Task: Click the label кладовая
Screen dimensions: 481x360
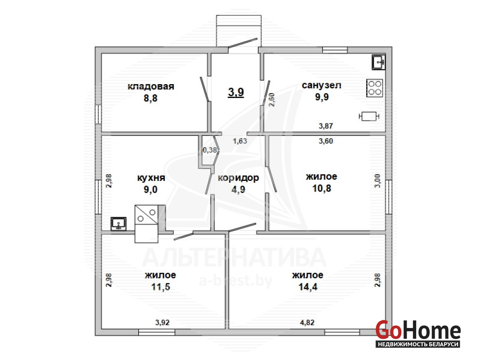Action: click(x=150, y=86)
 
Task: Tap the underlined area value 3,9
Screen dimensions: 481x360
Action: click(x=236, y=92)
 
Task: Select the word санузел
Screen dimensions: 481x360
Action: click(x=322, y=85)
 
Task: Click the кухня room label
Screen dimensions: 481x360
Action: click(x=151, y=178)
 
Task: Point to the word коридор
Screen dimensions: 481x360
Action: click(x=238, y=178)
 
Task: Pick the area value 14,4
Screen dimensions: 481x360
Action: click(x=308, y=287)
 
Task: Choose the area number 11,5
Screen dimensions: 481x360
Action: click(x=161, y=287)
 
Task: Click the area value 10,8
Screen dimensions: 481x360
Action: click(x=322, y=188)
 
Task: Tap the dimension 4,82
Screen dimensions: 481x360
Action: click(x=307, y=322)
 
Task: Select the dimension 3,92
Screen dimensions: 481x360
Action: click(x=162, y=322)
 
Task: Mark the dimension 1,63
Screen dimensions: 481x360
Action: click(x=240, y=141)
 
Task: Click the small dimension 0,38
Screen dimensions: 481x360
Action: click(x=210, y=150)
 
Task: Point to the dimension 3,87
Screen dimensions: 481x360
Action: click(x=326, y=126)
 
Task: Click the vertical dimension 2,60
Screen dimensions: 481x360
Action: click(x=272, y=99)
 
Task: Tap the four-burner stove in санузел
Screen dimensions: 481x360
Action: click(x=375, y=88)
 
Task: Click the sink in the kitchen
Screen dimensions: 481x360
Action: click(x=118, y=224)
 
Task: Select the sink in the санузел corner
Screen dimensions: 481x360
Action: click(x=379, y=62)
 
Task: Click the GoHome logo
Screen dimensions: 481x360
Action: click(x=418, y=333)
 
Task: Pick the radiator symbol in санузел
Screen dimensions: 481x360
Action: click(x=369, y=117)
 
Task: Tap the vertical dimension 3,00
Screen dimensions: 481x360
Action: click(x=377, y=181)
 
